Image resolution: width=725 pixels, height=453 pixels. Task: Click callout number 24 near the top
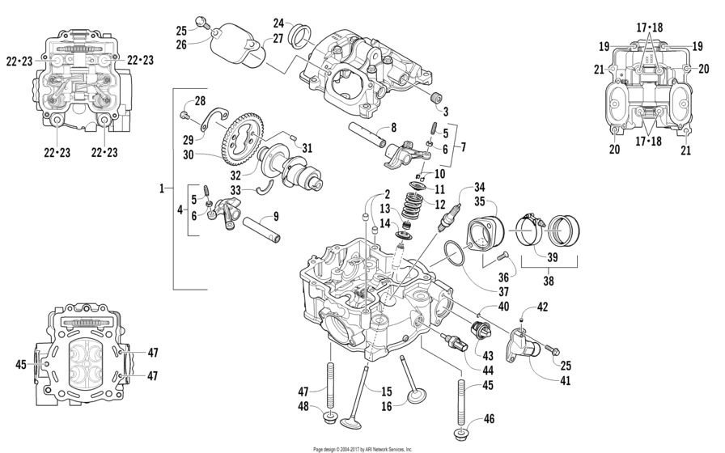278,23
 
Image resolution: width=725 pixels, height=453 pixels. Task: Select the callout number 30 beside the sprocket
188,155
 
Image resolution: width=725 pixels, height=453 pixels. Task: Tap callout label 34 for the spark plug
480,188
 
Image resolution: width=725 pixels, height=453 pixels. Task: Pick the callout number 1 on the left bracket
163,188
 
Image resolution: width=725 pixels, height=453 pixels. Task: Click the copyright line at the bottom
362,448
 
